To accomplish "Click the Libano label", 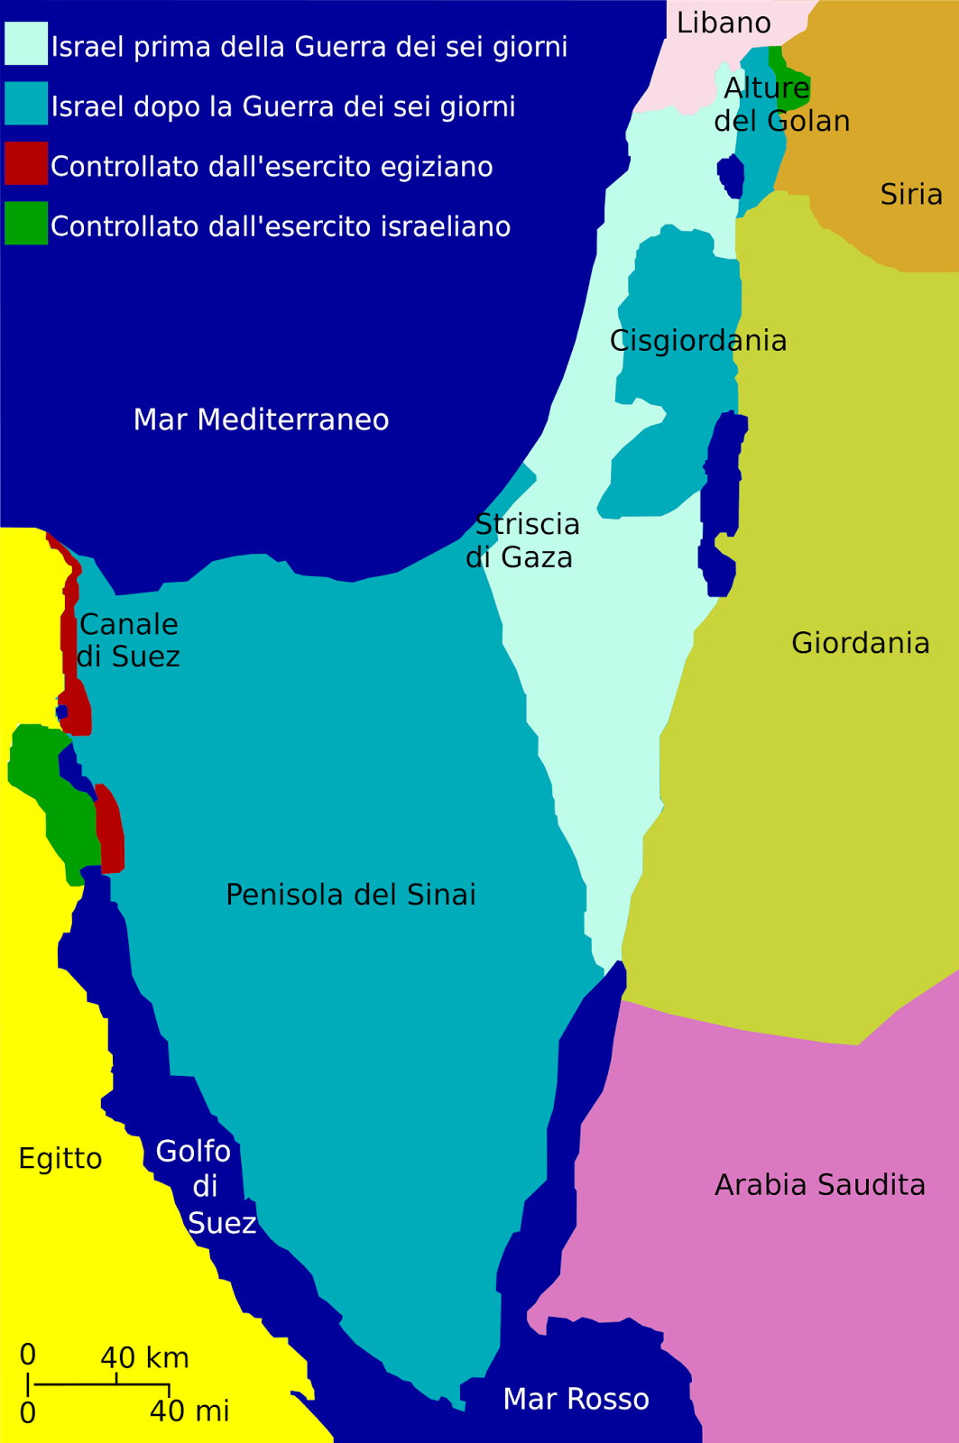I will click(724, 23).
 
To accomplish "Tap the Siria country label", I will click(911, 194).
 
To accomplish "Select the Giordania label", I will click(860, 643).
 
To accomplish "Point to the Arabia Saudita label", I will click(819, 1184).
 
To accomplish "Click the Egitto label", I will click(60, 1158).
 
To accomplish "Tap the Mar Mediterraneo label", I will click(261, 419).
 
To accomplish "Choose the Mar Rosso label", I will click(576, 1399).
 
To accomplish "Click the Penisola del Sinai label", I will click(350, 895).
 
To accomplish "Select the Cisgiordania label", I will click(698, 341).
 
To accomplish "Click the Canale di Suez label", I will click(128, 640).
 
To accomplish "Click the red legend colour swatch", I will click(25, 164).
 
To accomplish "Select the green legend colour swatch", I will click(25, 224).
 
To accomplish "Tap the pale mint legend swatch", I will click(25, 43).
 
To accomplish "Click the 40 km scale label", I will click(144, 1357).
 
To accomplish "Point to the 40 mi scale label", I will click(189, 1411).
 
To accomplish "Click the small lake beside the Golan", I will click(731, 176).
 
